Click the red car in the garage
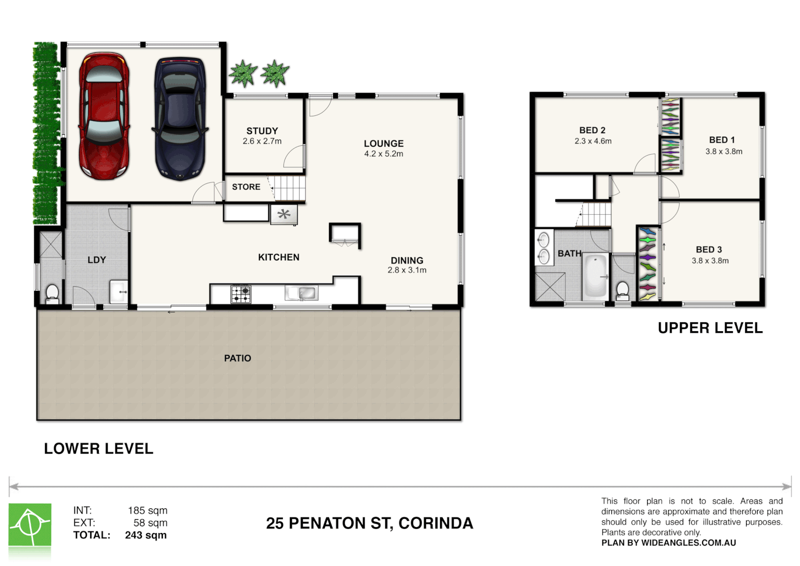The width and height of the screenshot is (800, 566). pos(104,116)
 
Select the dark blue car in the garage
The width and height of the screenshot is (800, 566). pos(180,119)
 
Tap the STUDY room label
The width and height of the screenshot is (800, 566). pos(262,131)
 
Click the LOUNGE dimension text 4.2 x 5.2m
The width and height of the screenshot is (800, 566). pos(383,154)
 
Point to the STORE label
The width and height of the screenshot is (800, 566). pos(246,187)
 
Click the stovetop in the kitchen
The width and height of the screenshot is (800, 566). pos(240,294)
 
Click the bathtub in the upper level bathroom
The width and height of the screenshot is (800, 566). pos(596,276)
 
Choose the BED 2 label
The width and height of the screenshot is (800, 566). pos(592,130)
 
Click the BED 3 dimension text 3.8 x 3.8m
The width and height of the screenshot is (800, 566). pos(710,261)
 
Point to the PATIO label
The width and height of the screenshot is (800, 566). pos(237,358)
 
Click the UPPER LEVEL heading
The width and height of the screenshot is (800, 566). pos(710,328)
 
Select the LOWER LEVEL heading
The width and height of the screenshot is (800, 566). pos(98,449)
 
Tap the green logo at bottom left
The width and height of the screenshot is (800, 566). pos(30,525)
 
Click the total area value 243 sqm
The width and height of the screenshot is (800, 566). pos(146,535)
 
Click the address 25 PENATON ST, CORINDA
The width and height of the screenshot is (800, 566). pos(369,523)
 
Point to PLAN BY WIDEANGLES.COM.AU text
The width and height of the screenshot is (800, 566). pos(669,543)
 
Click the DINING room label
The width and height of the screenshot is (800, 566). pos(407,260)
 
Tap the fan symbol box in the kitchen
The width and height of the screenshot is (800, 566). pos(284,214)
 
